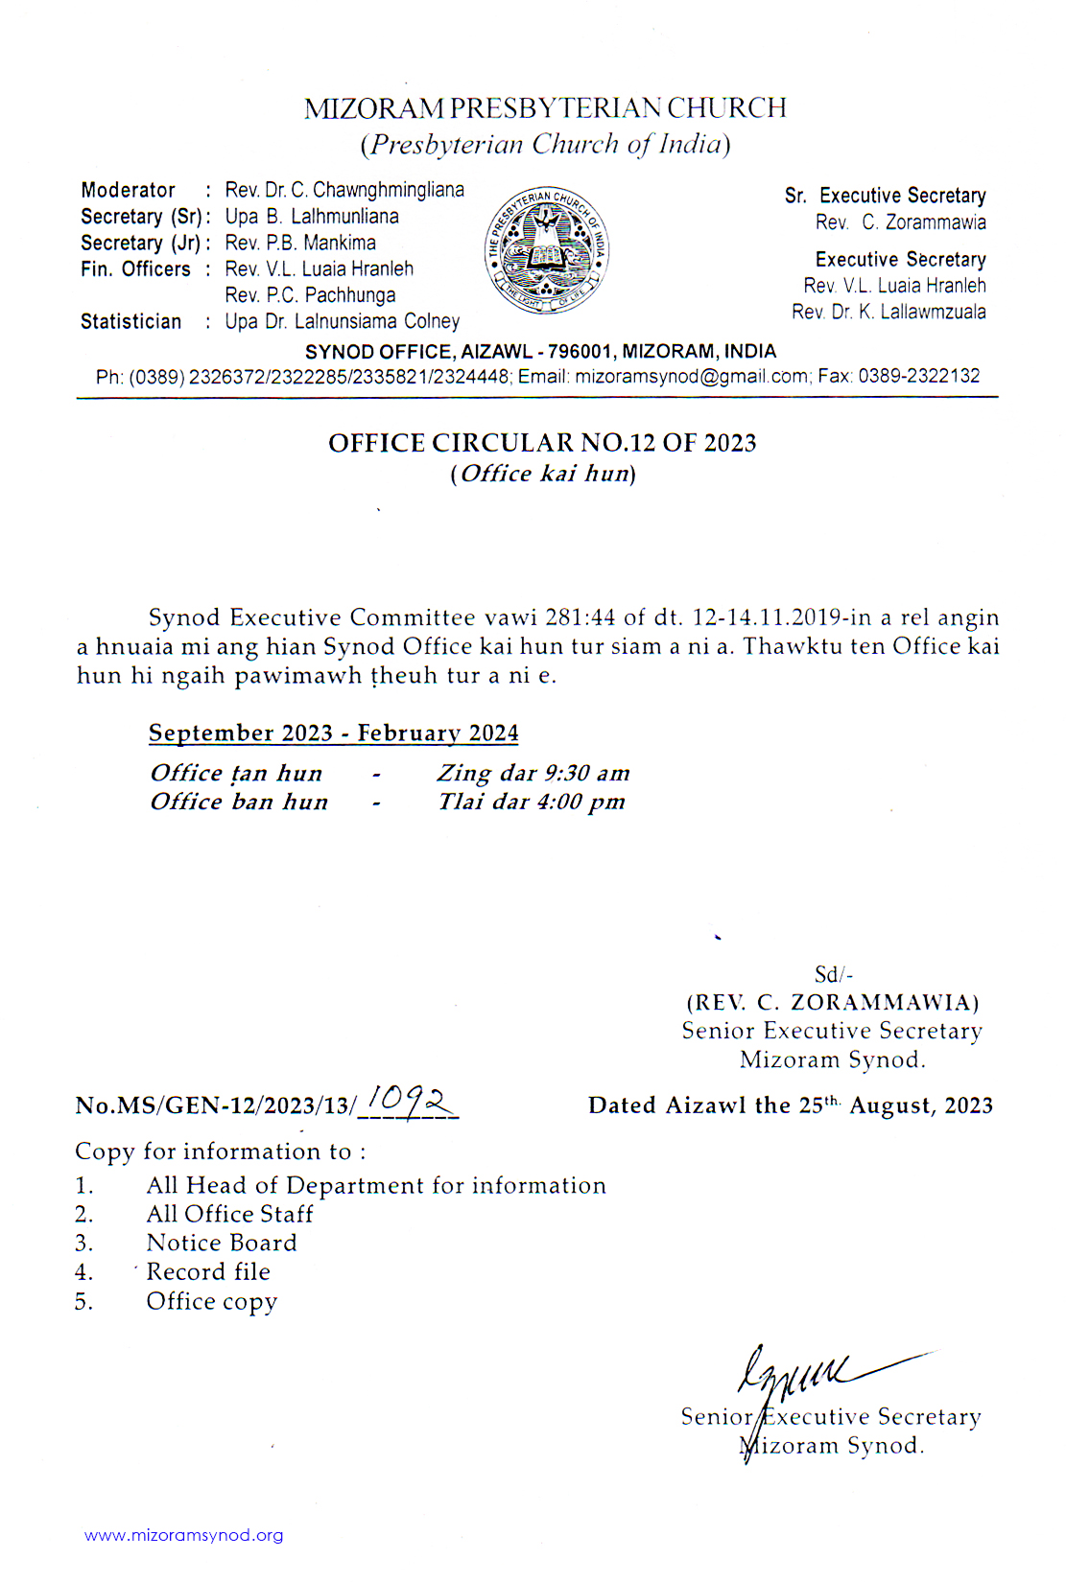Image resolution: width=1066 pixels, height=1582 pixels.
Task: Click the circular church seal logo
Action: [x=547, y=251]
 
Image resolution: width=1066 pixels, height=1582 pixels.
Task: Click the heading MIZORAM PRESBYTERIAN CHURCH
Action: [x=545, y=108]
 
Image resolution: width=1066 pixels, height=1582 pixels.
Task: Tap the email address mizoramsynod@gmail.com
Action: [x=691, y=377]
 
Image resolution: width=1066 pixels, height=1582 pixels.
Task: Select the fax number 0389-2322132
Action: [x=918, y=377]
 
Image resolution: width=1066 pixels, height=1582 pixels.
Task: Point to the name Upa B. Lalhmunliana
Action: [x=312, y=217]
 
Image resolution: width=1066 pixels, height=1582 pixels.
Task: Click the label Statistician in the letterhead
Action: [x=131, y=322]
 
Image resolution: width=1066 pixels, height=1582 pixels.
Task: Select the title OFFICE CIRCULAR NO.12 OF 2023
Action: [x=542, y=443]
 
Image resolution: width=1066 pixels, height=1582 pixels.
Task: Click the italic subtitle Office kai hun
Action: [x=543, y=474]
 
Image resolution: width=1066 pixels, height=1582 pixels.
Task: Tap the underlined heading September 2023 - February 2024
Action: [x=333, y=733]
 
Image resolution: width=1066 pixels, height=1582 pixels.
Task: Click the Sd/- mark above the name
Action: [x=833, y=975]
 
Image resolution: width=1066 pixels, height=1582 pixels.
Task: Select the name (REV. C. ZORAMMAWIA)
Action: [x=833, y=1003]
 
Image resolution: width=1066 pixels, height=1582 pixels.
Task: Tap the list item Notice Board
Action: [x=222, y=1244]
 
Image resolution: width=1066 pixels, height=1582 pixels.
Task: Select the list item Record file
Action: [x=208, y=1272]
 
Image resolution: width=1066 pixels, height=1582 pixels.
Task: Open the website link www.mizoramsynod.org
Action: [x=184, y=1535]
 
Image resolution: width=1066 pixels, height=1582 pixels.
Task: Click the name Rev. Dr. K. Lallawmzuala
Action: [x=888, y=313]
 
